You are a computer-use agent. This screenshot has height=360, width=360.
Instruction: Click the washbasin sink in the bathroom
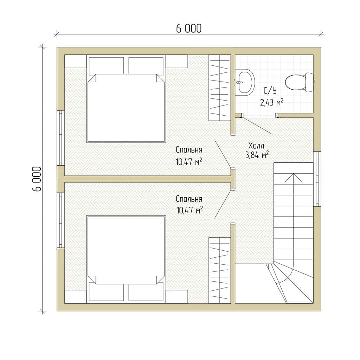point(245,82)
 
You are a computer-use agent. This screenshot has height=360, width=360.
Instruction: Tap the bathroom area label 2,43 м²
point(272,102)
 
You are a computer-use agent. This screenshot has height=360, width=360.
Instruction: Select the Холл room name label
point(256,146)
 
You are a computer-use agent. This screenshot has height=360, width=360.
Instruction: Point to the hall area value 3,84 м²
point(257,155)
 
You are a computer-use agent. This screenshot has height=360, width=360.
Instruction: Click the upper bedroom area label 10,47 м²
point(189,162)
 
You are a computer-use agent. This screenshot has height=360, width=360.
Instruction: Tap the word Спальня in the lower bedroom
point(189,199)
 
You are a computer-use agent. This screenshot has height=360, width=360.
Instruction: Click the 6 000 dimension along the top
point(189,28)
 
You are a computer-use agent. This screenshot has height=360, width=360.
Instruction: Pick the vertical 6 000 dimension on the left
point(37,179)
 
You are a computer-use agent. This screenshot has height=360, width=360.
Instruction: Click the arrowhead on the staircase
point(293,178)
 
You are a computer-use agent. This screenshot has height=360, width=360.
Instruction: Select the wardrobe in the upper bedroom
point(219,88)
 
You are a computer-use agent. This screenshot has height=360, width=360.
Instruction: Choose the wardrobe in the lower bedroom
point(219,270)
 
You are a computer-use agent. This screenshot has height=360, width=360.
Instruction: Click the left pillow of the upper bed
point(106,65)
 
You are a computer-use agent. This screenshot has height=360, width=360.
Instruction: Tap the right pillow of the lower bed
point(146,292)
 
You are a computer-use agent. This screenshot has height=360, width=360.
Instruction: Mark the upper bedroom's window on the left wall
point(60,138)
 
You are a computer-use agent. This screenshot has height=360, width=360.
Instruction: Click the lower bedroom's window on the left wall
point(60,220)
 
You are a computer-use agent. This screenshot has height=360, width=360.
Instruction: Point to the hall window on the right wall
point(317,179)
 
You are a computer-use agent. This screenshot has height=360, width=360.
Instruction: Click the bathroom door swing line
point(257,126)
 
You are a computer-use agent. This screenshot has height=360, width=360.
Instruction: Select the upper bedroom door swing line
point(223,154)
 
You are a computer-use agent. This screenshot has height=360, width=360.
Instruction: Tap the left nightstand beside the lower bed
point(76,297)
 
